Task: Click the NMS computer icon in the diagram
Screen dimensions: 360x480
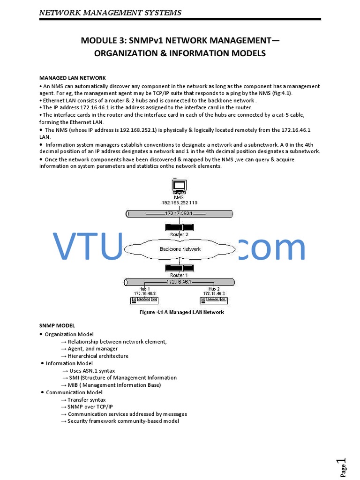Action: click(x=180, y=187)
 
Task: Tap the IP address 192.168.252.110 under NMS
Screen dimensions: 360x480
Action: click(x=180, y=203)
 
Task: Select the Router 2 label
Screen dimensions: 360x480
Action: click(x=180, y=234)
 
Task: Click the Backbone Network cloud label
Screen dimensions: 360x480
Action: click(x=180, y=249)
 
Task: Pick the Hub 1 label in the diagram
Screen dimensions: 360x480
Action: click(x=145, y=289)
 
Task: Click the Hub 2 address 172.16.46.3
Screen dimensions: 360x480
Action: click(x=214, y=293)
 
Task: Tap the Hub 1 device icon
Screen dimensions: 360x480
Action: click(x=145, y=300)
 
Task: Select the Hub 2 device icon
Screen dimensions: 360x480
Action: click(x=214, y=300)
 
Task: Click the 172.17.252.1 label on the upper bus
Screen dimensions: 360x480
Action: click(x=179, y=213)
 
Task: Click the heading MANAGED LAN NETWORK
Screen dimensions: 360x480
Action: click(x=72, y=78)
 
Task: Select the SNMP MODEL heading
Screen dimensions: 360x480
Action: click(x=57, y=325)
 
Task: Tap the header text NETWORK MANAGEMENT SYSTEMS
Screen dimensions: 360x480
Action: click(x=110, y=12)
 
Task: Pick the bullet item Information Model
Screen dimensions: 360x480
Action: click(x=69, y=363)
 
